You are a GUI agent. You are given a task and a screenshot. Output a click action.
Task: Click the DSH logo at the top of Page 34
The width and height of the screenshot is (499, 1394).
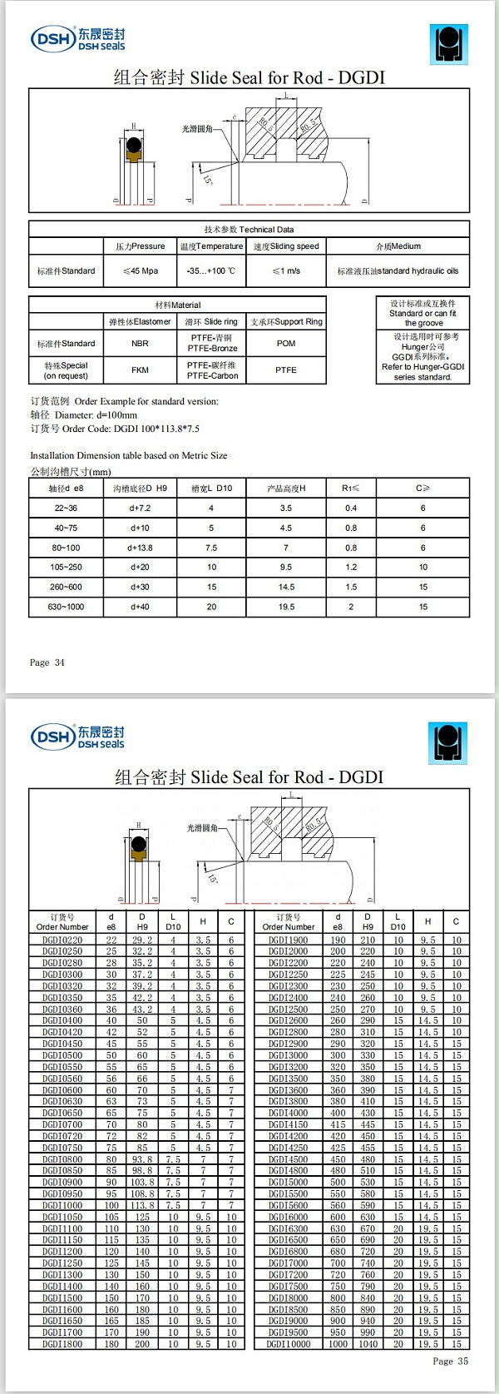click(77, 39)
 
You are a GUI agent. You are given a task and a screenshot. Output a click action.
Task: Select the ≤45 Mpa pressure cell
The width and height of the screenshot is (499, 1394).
click(140, 271)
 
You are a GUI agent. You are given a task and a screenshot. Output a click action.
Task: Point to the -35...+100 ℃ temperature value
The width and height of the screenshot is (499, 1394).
click(211, 271)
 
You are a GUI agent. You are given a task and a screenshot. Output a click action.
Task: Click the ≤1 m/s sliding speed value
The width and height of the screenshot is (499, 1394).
click(286, 271)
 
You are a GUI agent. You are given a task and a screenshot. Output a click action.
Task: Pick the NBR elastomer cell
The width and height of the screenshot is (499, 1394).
click(140, 344)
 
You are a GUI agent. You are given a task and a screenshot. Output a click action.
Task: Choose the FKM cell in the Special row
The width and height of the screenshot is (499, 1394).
click(140, 370)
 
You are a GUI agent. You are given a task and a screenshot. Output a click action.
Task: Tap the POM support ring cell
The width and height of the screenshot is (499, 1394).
click(286, 344)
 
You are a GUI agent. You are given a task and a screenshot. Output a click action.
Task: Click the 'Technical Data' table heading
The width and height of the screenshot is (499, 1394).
click(249, 230)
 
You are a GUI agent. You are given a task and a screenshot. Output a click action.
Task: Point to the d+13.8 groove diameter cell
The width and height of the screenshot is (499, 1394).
click(140, 548)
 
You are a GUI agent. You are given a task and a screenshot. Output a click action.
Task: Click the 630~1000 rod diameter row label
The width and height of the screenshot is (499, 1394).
click(66, 608)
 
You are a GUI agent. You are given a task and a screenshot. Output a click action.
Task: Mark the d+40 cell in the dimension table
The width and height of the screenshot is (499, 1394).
click(140, 608)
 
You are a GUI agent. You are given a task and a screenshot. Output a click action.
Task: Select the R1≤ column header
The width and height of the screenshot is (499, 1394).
click(350, 489)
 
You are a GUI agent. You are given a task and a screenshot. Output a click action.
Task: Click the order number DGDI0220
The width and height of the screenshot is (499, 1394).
click(62, 940)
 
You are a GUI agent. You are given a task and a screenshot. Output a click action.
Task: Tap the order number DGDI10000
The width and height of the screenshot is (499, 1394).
click(289, 1344)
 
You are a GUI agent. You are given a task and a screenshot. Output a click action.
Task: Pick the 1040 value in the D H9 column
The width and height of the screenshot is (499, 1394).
click(368, 1344)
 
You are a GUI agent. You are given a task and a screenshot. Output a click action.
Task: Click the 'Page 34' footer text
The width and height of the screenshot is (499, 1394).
click(47, 663)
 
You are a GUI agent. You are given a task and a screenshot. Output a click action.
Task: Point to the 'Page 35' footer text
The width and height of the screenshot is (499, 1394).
click(450, 1362)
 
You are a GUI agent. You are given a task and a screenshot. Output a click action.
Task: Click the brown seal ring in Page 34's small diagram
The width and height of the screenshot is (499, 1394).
click(133, 150)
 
